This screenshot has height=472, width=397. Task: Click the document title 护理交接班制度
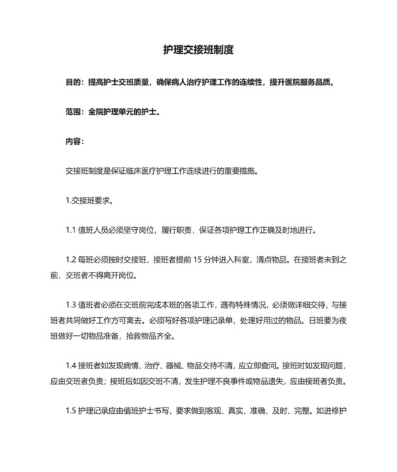tap(198, 50)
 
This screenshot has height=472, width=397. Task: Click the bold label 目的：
tap(75, 82)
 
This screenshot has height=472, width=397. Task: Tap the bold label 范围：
tap(75, 111)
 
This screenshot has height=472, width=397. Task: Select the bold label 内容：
tap(75, 141)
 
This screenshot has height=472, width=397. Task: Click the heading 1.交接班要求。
tap(89, 201)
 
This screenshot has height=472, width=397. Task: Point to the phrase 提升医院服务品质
tap(301, 82)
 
